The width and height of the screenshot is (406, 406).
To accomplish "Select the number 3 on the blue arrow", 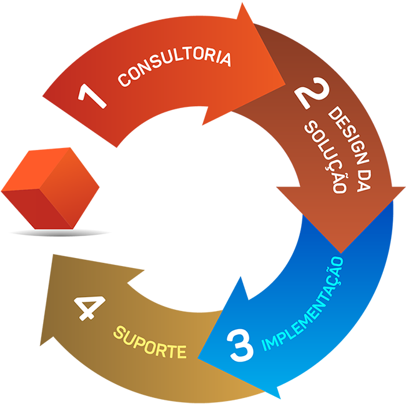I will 241,347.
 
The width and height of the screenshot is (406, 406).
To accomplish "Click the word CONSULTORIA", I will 174,67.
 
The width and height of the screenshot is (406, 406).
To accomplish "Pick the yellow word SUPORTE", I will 150,342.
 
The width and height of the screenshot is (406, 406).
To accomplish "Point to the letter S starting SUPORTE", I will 117,334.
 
